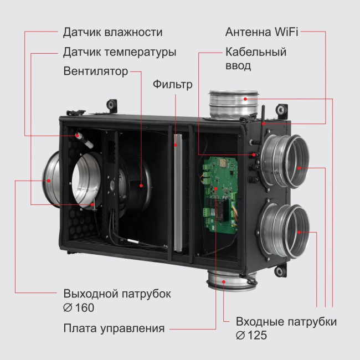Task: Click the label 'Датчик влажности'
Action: [113, 32]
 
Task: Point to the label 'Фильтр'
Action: [173, 85]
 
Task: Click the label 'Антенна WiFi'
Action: [262, 32]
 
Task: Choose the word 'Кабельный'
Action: [256, 53]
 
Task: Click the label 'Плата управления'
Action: [114, 328]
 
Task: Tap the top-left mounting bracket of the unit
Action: [112, 104]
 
